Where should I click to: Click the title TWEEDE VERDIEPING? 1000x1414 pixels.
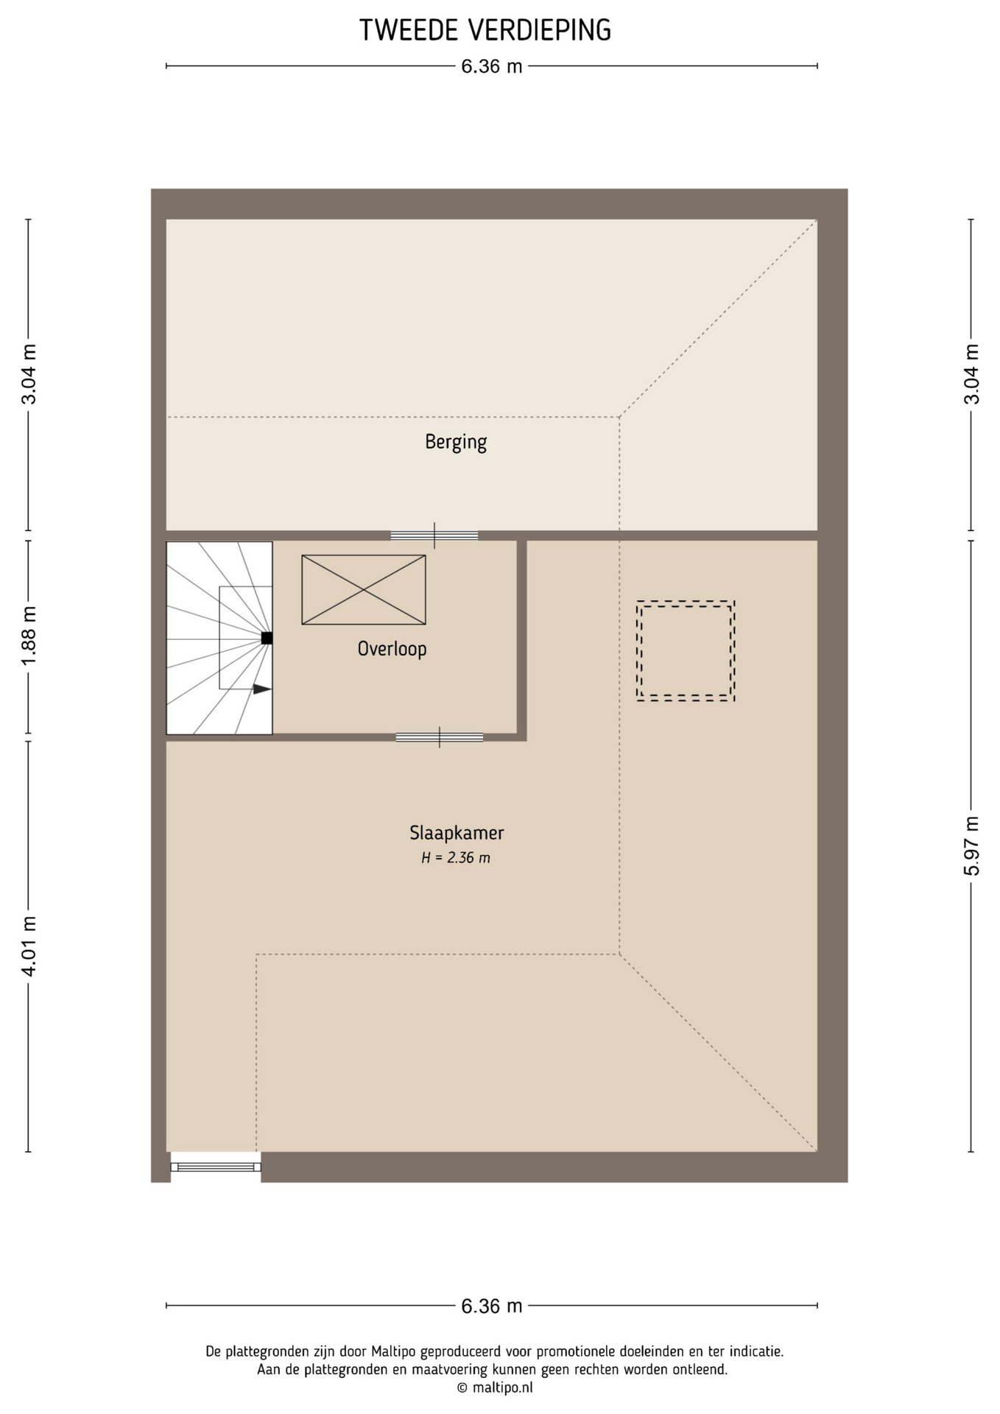[485, 30]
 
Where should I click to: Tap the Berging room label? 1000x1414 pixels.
[456, 442]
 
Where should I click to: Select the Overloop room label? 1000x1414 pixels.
[392, 649]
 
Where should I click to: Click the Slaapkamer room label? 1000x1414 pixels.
[457, 833]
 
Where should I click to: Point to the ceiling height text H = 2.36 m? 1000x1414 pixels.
[456, 858]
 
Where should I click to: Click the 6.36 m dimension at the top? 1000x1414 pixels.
[492, 66]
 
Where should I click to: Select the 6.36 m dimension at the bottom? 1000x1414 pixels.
[492, 1306]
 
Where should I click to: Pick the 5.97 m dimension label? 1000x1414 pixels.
[972, 846]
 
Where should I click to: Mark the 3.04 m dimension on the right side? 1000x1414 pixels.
[972, 374]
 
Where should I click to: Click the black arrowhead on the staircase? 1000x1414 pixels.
[262, 689]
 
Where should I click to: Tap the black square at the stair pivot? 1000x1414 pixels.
[267, 639]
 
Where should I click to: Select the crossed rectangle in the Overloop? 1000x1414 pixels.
[364, 590]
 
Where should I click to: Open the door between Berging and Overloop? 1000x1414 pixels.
[434, 535]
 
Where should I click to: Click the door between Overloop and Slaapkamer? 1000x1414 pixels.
[440, 737]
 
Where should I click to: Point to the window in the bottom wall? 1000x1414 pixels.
[216, 1167]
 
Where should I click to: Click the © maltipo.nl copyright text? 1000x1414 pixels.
[495, 1387]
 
